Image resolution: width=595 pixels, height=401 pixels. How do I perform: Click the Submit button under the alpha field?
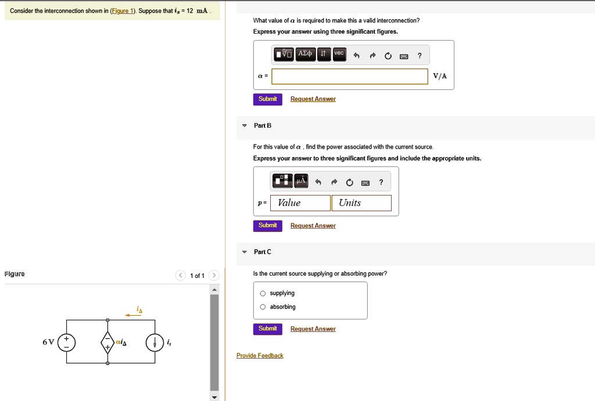coord(267,99)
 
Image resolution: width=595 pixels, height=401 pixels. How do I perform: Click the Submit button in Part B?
coord(267,226)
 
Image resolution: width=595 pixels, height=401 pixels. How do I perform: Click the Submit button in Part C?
coord(267,329)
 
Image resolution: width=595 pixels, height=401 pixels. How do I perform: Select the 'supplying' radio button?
coord(263,294)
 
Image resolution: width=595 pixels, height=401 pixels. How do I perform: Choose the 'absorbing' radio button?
coord(263,307)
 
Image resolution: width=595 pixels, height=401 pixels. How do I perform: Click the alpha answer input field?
coord(350,77)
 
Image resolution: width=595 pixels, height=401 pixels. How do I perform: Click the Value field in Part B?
coord(300,203)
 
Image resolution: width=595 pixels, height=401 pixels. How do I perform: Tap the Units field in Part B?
coord(361,203)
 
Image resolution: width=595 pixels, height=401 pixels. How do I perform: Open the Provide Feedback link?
coord(260,356)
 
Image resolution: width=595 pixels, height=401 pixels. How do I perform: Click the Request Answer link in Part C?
coord(313,329)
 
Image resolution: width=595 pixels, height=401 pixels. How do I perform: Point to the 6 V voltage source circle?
coord(66,342)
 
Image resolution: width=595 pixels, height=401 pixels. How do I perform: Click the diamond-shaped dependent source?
coord(107,342)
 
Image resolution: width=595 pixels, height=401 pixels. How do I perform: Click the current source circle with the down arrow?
coord(155,342)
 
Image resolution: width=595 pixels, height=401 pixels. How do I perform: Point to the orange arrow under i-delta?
coord(133,315)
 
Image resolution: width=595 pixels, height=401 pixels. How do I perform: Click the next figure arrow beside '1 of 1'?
coord(214,276)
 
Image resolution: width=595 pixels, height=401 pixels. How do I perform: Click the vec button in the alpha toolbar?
coord(339,55)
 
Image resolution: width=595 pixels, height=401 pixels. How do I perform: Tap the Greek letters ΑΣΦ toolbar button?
coord(305,55)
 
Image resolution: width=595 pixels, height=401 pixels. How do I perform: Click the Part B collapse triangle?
coord(245,126)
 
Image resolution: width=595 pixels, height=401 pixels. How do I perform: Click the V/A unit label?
coord(440,77)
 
